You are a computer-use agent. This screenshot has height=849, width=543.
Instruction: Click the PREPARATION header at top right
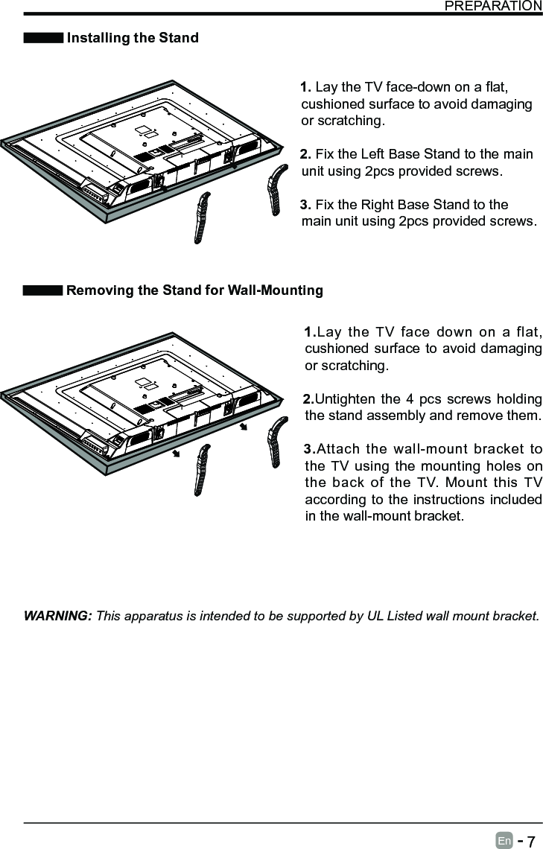pyautogui.click(x=493, y=6)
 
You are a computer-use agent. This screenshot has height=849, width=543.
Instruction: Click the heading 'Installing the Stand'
pyautogui.click(x=133, y=38)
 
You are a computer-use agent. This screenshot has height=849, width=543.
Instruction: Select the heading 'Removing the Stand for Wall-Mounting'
pyautogui.click(x=194, y=290)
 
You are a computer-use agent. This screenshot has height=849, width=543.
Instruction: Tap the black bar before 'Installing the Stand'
pyautogui.click(x=43, y=38)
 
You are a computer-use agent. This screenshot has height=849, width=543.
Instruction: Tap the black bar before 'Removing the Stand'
pyautogui.click(x=43, y=290)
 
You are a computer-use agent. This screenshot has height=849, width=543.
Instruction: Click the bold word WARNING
pyautogui.click(x=58, y=616)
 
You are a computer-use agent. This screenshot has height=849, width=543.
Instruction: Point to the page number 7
pyautogui.click(x=530, y=842)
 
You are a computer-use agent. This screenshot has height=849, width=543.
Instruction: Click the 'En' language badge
pyautogui.click(x=504, y=842)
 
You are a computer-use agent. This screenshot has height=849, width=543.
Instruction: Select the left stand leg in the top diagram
pyautogui.click(x=203, y=217)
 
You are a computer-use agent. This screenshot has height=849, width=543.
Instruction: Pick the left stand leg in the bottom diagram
pyautogui.click(x=203, y=468)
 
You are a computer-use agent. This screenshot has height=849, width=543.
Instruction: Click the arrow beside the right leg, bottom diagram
pyautogui.click(x=244, y=427)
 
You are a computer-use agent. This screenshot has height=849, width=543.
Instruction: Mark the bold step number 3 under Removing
pyautogui.click(x=309, y=449)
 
